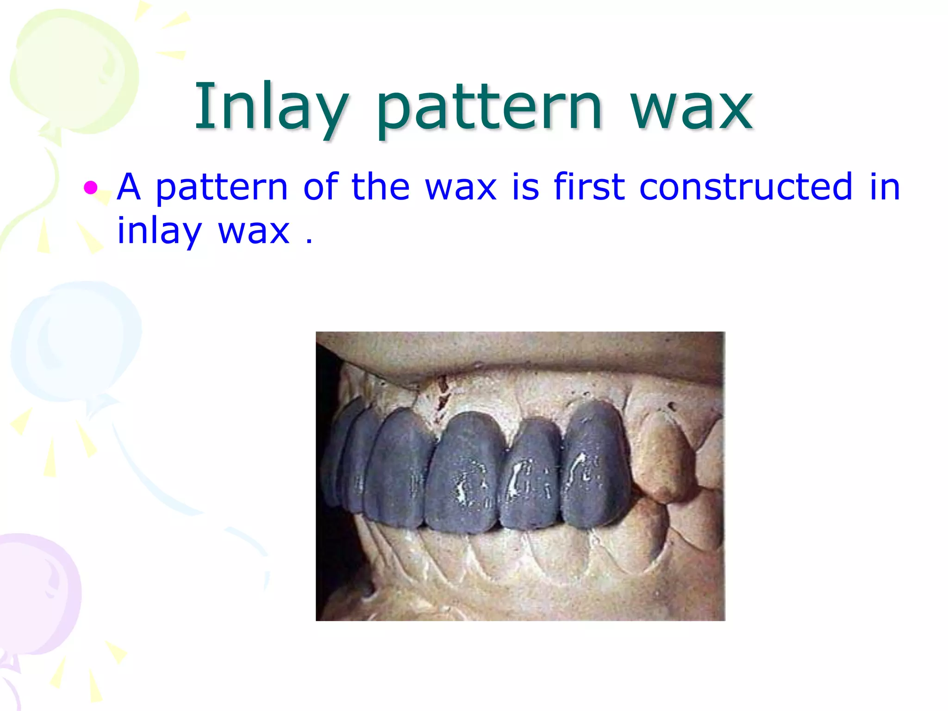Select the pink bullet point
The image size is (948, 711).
click(91, 187)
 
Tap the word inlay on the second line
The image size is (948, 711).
click(159, 231)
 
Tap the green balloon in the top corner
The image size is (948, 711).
click(74, 69)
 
